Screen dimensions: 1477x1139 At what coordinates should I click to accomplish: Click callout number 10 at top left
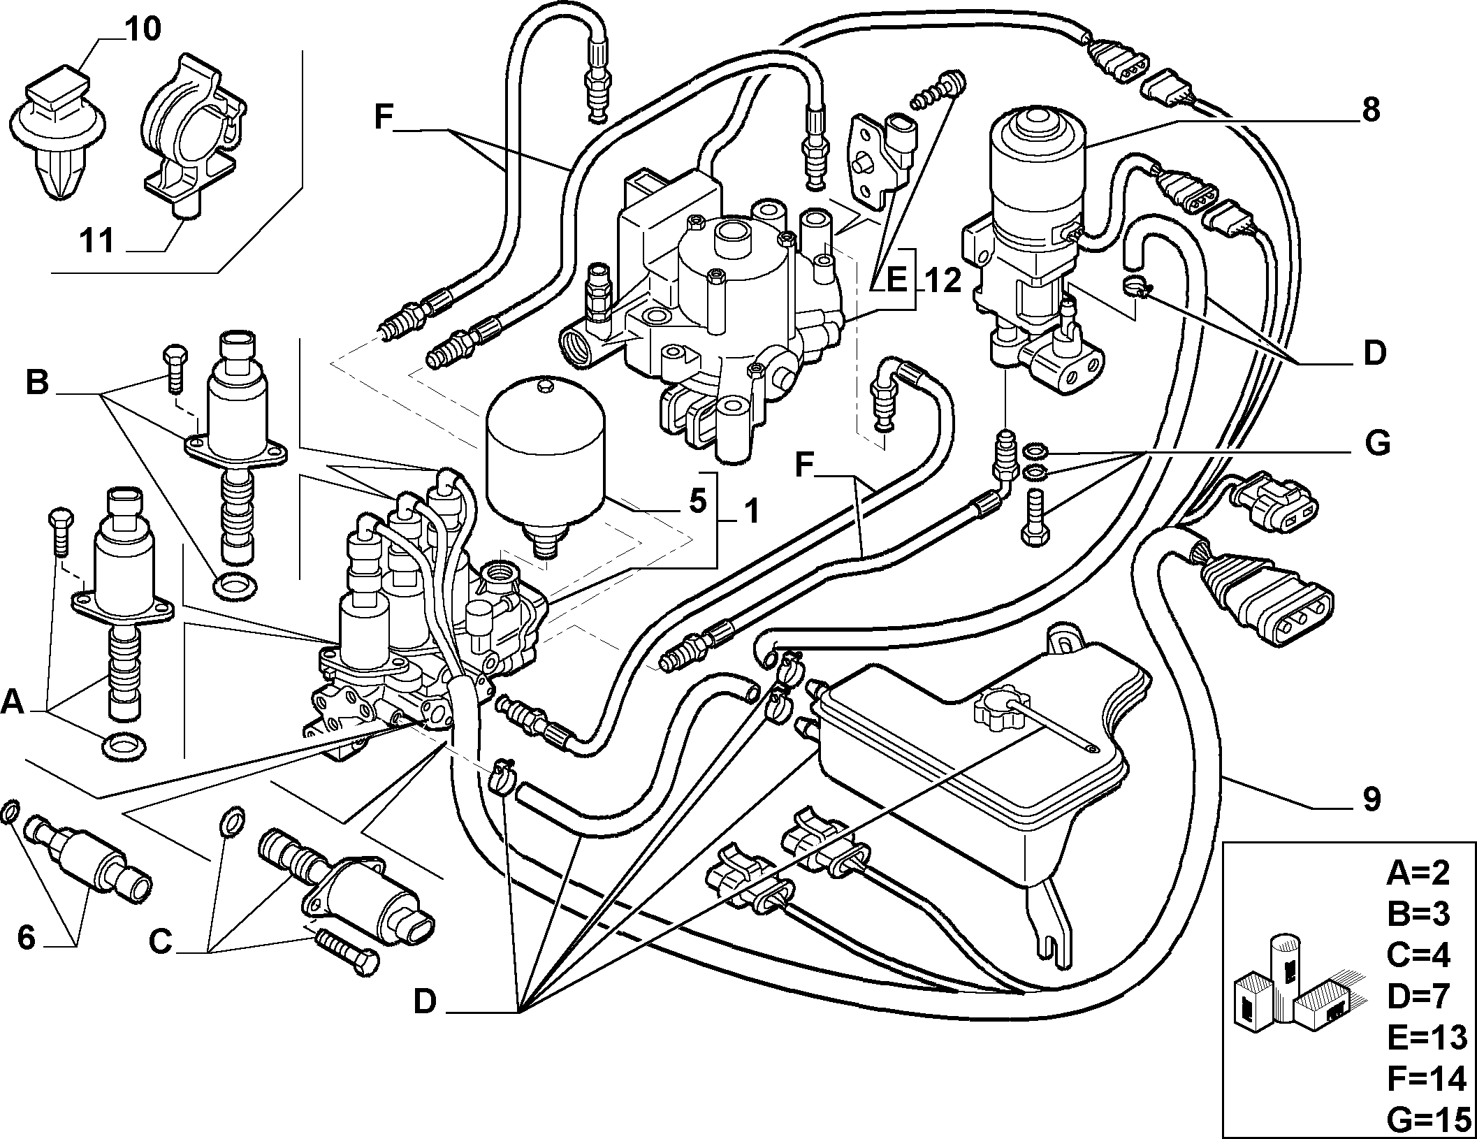click(144, 29)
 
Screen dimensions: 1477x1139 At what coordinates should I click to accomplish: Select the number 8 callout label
click(1370, 110)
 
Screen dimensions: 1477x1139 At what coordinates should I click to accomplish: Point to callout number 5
click(697, 502)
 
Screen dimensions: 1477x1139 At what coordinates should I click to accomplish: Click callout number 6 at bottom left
click(26, 938)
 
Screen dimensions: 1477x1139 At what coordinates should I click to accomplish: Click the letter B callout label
click(38, 382)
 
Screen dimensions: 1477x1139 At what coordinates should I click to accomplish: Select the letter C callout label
click(160, 943)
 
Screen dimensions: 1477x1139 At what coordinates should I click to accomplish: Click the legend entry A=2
click(1418, 873)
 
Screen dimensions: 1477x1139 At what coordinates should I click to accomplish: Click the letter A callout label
click(13, 703)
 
